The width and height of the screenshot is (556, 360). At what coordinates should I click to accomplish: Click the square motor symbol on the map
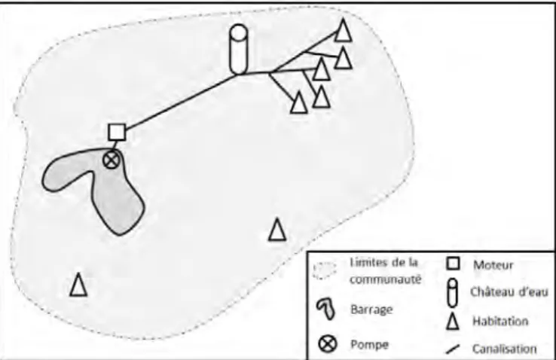(x=117, y=132)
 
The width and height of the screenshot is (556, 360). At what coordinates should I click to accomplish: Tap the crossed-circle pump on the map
(x=112, y=160)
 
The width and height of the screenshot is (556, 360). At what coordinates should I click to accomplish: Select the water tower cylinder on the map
(x=239, y=49)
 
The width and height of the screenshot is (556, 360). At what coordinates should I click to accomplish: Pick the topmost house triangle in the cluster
(x=343, y=30)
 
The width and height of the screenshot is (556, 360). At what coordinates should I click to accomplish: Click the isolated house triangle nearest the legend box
(x=277, y=230)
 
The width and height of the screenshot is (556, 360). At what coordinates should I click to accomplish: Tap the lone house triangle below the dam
(x=78, y=285)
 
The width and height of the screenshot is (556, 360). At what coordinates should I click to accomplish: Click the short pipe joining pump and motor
(x=115, y=146)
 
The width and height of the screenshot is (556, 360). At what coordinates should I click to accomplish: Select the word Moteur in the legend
(x=493, y=265)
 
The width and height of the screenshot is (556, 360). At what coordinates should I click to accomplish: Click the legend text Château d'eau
(x=509, y=292)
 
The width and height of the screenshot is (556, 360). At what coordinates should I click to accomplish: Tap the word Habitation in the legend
(x=500, y=321)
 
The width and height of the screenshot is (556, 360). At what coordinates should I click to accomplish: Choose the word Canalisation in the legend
(x=504, y=349)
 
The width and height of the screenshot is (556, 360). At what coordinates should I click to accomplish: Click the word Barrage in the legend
(x=371, y=310)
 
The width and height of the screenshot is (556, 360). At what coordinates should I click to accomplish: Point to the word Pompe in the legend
(x=369, y=344)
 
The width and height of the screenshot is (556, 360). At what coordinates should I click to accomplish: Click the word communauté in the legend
(x=386, y=279)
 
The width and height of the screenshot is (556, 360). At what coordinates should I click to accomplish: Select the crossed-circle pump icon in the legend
(x=328, y=343)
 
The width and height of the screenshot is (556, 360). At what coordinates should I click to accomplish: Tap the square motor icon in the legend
(x=453, y=264)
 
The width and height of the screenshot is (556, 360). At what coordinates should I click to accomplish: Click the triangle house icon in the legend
(x=453, y=322)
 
